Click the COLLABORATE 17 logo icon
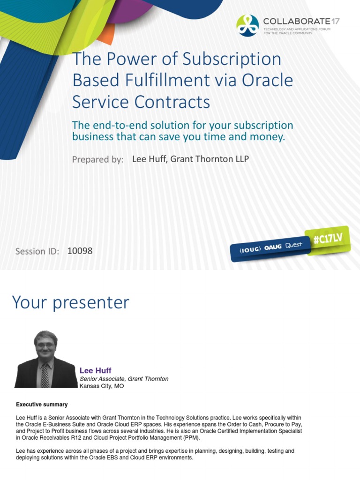(x=247, y=25)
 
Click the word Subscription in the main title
(x=232, y=60)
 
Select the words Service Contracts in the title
(x=141, y=101)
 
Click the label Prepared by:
(x=97, y=160)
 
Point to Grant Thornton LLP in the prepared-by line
(x=210, y=159)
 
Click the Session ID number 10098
(x=80, y=251)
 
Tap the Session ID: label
(x=37, y=251)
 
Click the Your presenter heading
(x=70, y=302)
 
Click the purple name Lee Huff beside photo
(x=95, y=371)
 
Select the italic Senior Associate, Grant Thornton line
(x=124, y=379)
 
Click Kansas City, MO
(x=102, y=386)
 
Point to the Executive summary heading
(x=42, y=405)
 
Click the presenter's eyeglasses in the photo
(x=45, y=346)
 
